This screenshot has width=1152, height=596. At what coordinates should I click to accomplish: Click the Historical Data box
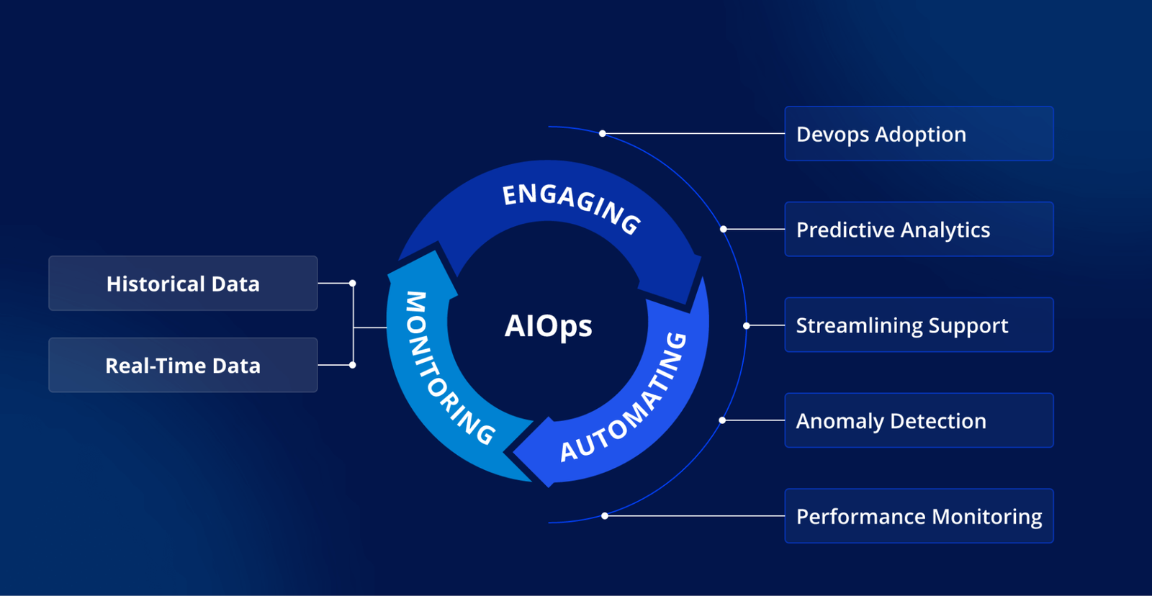click(x=183, y=284)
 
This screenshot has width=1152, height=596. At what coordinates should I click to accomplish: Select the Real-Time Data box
click(x=183, y=366)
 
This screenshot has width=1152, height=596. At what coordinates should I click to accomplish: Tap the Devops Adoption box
click(x=919, y=134)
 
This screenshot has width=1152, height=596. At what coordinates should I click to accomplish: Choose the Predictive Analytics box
click(x=919, y=230)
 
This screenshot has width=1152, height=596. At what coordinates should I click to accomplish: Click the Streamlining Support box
click(x=919, y=325)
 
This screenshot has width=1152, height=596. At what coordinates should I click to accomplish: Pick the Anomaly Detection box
click(x=919, y=421)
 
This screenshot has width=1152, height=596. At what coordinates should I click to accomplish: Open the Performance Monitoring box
click(x=919, y=517)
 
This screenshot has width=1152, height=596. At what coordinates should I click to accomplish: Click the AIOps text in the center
click(x=548, y=326)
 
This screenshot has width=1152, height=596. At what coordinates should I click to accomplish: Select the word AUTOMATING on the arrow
click(x=625, y=399)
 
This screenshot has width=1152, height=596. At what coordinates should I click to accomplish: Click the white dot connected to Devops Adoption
click(x=603, y=134)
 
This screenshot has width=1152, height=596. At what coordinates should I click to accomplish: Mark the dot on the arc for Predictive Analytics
click(x=724, y=230)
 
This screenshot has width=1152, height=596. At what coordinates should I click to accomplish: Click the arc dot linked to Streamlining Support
click(x=747, y=326)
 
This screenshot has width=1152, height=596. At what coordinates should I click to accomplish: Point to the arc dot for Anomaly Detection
click(x=722, y=420)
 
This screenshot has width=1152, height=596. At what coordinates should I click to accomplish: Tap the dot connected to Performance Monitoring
click(x=605, y=516)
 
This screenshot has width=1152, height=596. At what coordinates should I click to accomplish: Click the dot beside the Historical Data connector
click(x=353, y=284)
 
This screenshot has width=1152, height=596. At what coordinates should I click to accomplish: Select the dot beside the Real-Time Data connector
click(x=353, y=366)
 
